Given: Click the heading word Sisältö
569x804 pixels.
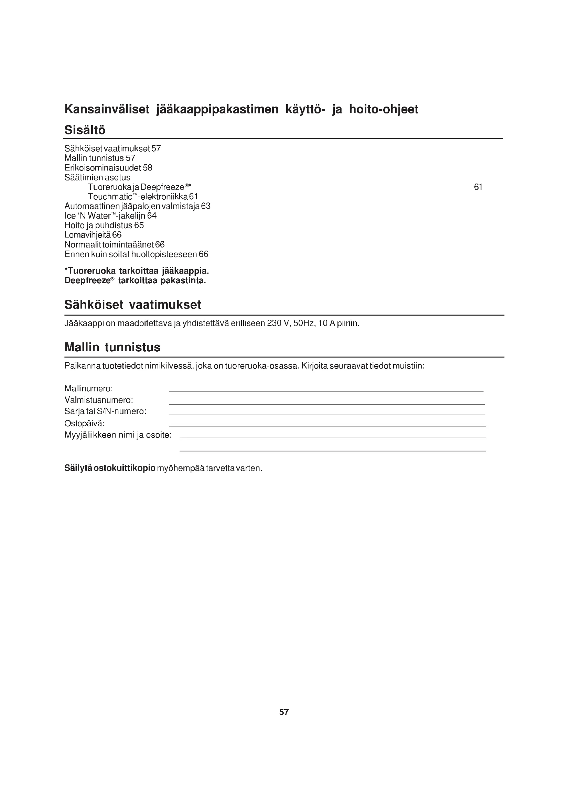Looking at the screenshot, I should point(85,130).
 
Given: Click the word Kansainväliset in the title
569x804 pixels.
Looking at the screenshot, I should point(107,109).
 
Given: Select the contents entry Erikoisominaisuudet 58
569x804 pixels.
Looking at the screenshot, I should point(108,168).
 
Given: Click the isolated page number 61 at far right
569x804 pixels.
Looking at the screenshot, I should point(478,187).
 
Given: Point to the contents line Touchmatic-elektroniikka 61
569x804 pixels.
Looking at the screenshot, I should point(143,197).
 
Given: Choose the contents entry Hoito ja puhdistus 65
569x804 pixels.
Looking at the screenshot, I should point(104,225).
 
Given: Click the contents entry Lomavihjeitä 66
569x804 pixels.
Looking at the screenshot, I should point(93,235).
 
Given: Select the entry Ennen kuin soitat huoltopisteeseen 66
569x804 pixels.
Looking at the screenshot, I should point(136,254).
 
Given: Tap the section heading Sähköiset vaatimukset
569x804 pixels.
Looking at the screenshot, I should point(133,305).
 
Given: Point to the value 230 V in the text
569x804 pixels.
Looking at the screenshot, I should point(278,323).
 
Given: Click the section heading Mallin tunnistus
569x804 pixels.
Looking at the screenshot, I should point(112,348).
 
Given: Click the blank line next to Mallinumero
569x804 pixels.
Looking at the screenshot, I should point(326,391).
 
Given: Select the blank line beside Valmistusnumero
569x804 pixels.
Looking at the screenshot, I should point(326,404).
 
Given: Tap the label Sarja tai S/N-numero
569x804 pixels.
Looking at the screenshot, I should point(105,411).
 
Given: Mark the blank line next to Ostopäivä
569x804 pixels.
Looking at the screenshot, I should point(327,426).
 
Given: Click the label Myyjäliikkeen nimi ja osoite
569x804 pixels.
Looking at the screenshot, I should point(118,435).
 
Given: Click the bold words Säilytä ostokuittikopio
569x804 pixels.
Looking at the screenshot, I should point(110,468).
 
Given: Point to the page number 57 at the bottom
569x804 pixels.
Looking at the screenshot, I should point(284,712).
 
